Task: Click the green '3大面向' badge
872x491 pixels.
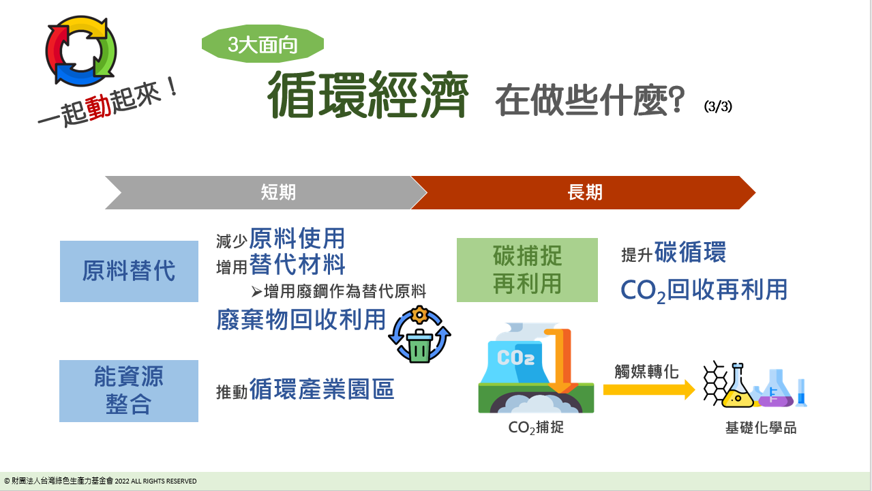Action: point(262,44)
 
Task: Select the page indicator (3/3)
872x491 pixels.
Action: point(718,106)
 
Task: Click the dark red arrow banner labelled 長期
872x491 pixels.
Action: point(583,192)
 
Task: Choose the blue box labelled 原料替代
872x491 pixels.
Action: point(129,271)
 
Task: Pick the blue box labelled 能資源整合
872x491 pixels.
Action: point(129,391)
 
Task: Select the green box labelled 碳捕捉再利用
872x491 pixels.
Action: point(527,270)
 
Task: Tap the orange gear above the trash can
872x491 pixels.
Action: point(419,314)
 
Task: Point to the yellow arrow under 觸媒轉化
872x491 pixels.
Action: point(649,390)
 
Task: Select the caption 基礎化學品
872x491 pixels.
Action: point(761,428)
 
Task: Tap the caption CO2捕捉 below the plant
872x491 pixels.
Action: point(536,428)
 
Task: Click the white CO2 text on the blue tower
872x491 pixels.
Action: point(515,358)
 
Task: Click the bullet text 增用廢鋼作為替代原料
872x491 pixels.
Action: point(345,291)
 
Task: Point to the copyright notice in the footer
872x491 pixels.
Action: point(100,481)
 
